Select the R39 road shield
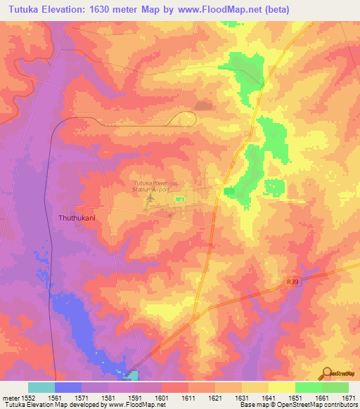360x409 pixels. (x=293, y=282)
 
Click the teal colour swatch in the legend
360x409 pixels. (x=41, y=387)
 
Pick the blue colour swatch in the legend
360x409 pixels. (x=68, y=387)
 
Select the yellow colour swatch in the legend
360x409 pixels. (x=282, y=387)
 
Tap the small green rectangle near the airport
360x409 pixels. (x=180, y=199)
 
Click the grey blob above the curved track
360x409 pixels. (x=202, y=106)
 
